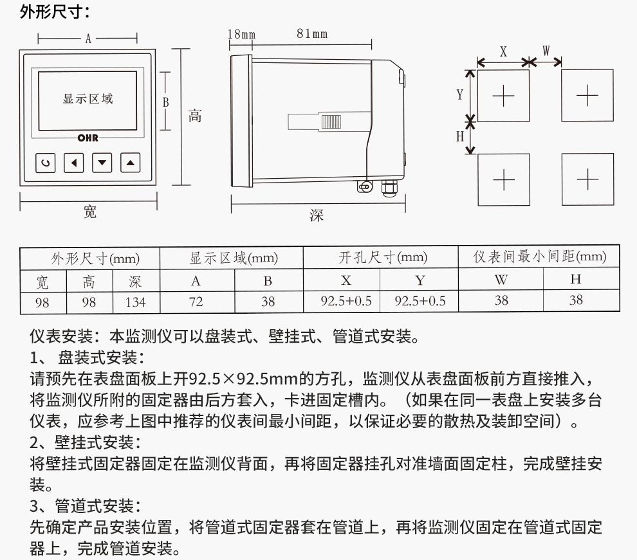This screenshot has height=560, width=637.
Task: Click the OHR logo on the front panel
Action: tap(88, 138)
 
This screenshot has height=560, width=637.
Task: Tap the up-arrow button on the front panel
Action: tap(131, 163)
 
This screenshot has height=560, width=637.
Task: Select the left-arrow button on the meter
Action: tap(74, 163)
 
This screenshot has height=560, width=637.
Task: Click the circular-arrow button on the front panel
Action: tap(46, 163)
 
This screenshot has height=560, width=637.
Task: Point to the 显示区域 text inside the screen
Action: tap(88, 98)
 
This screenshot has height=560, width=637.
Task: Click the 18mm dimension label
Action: tap(241, 34)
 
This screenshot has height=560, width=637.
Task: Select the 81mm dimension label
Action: tap(312, 33)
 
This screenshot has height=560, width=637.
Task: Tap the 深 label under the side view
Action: tap(317, 215)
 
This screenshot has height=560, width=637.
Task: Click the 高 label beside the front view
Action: tap(195, 116)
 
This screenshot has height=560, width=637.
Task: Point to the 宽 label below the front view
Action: tap(90, 212)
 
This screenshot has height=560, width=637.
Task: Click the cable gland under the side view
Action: tap(389, 188)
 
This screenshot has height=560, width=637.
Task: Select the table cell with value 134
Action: tap(136, 302)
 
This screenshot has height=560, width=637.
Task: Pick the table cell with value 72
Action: tap(196, 302)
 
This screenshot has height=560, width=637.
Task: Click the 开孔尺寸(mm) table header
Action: tap(382, 257)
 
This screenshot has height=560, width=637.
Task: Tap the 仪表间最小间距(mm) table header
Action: tap(539, 257)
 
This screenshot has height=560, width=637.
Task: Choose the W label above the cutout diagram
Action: tap(546, 51)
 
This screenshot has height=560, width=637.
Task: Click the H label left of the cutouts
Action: tap(460, 137)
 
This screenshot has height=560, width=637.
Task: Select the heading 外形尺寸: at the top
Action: tap(55, 12)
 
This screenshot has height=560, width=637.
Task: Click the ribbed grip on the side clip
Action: tap(331, 122)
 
